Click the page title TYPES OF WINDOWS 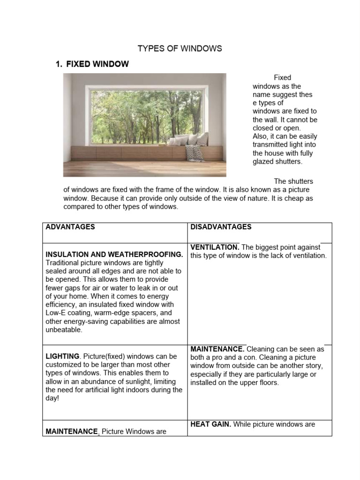pyautogui.click(x=180, y=49)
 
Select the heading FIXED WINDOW pyautogui.click(x=97, y=64)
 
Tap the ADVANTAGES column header pyautogui.click(x=70, y=227)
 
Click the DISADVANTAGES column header pyautogui.click(x=221, y=227)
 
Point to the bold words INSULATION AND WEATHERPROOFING pyautogui.click(x=114, y=255)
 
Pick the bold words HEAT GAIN pyautogui.click(x=210, y=424)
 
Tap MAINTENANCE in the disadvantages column pyautogui.click(x=217, y=349)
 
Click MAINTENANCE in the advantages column pyautogui.click(x=71, y=432)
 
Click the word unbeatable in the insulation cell pyautogui.click(x=64, y=330)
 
